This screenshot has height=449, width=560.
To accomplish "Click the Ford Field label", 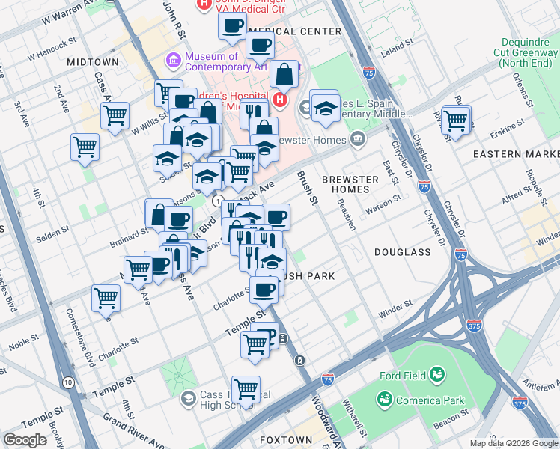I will [x=401, y=375].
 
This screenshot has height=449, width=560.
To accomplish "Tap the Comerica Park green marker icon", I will [x=385, y=399].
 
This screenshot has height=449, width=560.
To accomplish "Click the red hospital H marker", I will [x=281, y=99].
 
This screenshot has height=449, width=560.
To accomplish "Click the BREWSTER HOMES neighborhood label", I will [x=350, y=184].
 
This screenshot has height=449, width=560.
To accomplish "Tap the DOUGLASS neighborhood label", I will [x=403, y=253].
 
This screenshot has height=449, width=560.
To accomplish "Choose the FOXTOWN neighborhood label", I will [x=284, y=439].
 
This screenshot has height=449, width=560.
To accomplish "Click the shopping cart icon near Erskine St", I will [x=455, y=120].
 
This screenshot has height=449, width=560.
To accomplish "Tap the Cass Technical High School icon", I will [x=189, y=397].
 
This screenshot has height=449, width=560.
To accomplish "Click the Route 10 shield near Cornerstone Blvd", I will [x=68, y=382].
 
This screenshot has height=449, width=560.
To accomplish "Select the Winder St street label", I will [x=396, y=305].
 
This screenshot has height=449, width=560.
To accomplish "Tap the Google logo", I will [x=25, y=440].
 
